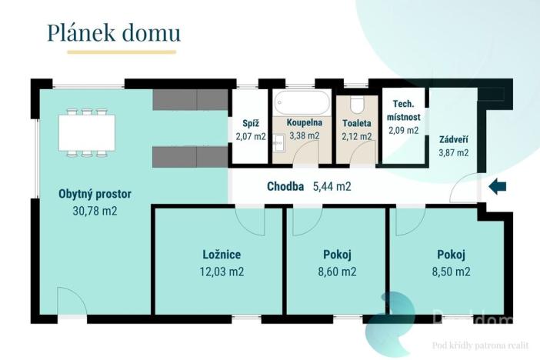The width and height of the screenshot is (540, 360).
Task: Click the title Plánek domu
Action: coord(114,32)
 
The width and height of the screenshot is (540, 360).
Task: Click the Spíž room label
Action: coord(250,122)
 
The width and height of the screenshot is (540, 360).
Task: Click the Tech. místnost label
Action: coord(405,111)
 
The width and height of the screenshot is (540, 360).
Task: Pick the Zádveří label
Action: coord(453,139)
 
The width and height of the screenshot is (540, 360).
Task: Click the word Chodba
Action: coord(285,186)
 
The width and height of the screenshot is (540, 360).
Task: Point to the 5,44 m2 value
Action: coord(332,186)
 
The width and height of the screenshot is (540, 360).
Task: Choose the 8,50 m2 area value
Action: coord(452,272)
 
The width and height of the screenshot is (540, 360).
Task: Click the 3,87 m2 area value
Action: coord(453,152)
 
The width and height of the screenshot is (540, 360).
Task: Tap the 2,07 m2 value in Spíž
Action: coord(250,136)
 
